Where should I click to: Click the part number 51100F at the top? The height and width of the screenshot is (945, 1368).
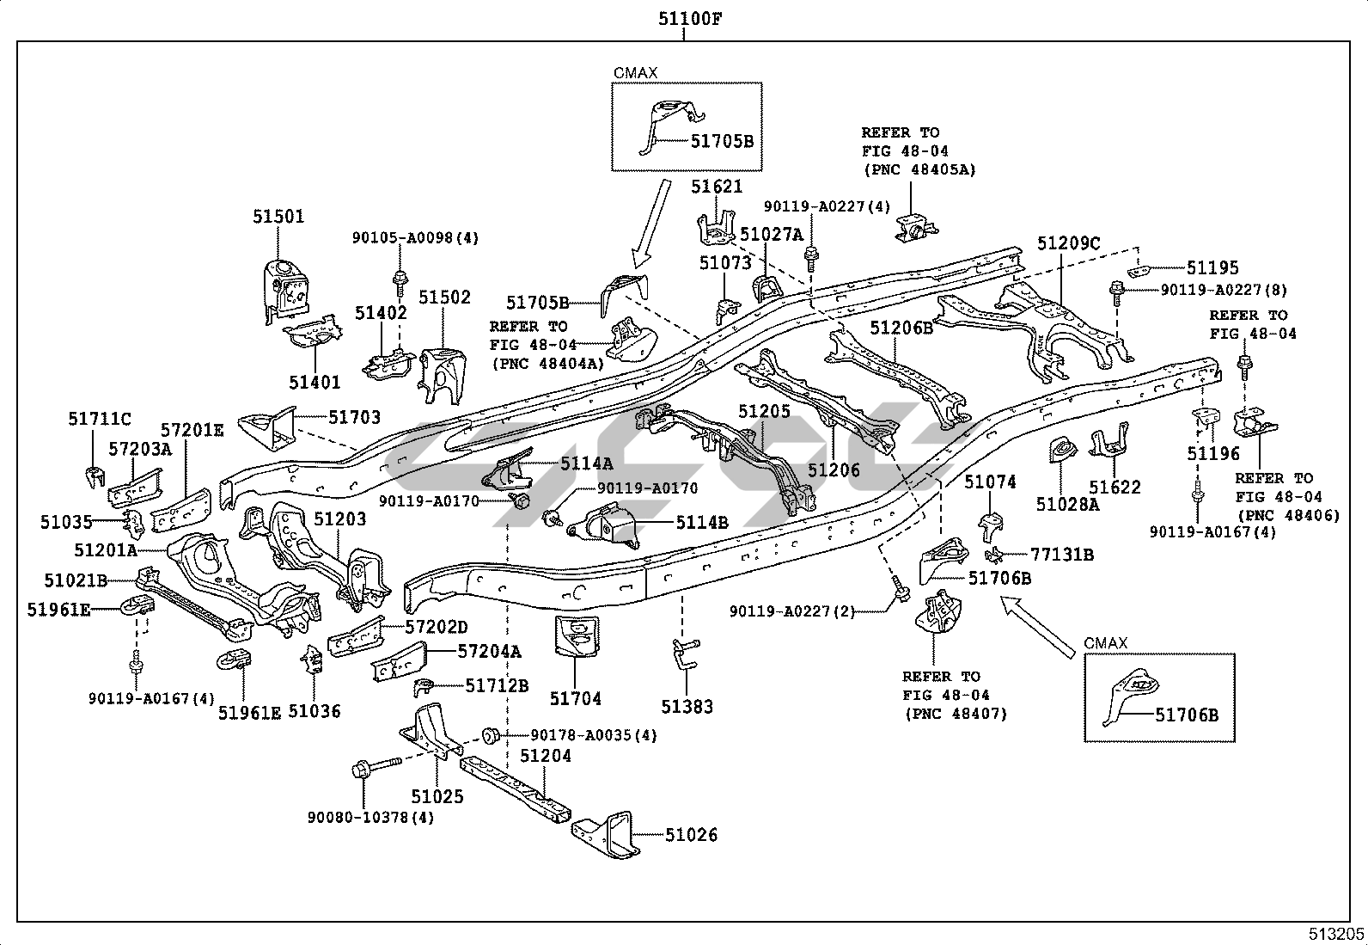684,18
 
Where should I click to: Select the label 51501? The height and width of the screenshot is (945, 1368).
278,217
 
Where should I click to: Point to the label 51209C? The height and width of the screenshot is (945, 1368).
1068,243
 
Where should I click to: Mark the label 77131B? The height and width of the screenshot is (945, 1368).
1062,555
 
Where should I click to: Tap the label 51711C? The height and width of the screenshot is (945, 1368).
100,420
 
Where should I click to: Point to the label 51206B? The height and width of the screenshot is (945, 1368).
901,328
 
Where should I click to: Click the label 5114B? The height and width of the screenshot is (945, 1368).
701,522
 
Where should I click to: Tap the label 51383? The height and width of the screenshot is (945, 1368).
687,707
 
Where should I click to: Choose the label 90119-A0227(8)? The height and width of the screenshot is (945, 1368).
1224,291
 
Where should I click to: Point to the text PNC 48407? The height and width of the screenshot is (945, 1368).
954,714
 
